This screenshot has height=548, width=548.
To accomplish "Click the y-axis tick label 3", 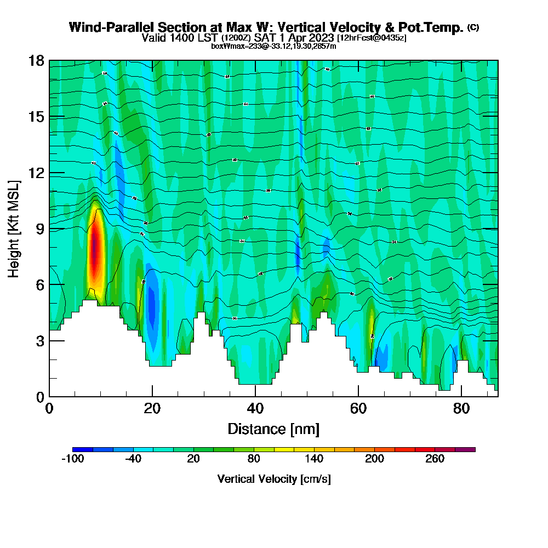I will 40,341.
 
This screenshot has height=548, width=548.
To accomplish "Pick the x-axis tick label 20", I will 152,408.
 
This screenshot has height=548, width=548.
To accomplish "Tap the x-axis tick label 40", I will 255,408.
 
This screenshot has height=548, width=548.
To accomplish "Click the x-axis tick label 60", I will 358,408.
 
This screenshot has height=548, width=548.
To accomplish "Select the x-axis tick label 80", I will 461,408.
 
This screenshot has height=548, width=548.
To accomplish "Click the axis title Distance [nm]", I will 273,429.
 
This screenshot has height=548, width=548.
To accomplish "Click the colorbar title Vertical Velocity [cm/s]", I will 274,479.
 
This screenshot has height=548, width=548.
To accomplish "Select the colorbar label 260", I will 435,459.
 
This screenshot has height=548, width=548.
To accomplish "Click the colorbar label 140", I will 314,459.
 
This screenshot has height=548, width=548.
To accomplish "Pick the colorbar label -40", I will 133,459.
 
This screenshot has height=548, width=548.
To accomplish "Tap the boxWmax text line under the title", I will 273,46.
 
